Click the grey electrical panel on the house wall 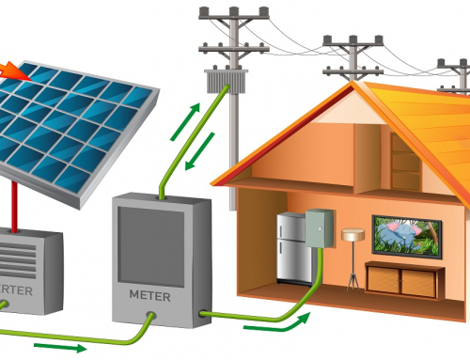[x=320, y=227]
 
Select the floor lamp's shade [x=352, y=235]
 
